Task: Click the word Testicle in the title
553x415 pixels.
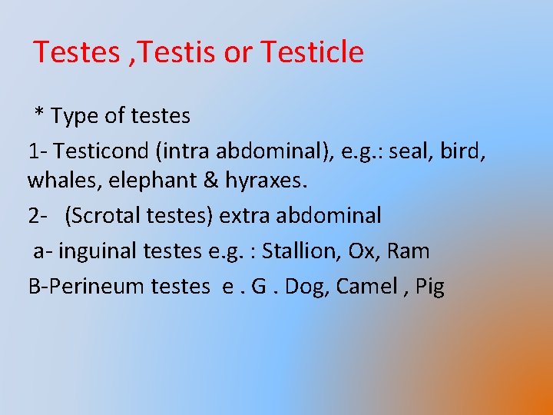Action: [x=312, y=52]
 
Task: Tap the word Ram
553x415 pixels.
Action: [x=409, y=251]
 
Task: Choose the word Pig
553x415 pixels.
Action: [x=430, y=286]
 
